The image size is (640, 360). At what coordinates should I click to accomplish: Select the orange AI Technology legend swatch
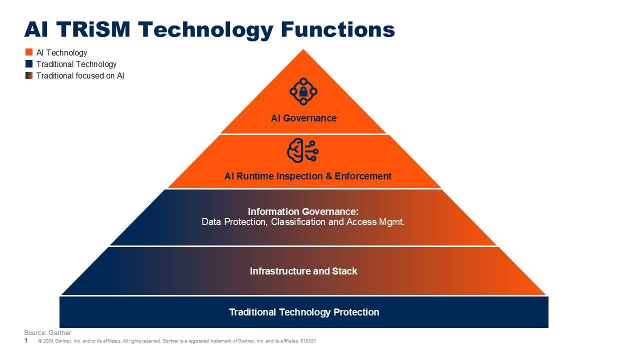click(x=29, y=52)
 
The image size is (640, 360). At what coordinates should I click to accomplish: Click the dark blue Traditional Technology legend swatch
click(x=29, y=64)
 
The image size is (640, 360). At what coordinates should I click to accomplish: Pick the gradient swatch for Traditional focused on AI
click(x=29, y=76)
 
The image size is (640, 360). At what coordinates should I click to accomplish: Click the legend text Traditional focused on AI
click(x=80, y=76)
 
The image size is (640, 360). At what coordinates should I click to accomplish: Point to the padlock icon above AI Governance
click(x=303, y=91)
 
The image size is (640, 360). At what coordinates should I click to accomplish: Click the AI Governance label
click(x=303, y=118)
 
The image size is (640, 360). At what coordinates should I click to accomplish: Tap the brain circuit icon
click(x=303, y=150)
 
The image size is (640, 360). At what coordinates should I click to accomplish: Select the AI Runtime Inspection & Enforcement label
click(x=308, y=176)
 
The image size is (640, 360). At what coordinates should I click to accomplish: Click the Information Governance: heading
click(x=303, y=212)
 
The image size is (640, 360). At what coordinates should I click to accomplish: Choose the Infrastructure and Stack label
click(x=303, y=271)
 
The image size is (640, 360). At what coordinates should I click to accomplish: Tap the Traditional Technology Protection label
click(x=304, y=312)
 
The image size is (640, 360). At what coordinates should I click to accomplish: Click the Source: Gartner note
click(x=47, y=332)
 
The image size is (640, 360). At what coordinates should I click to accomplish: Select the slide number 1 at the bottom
click(x=26, y=340)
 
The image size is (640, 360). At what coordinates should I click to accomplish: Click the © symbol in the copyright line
click(x=40, y=341)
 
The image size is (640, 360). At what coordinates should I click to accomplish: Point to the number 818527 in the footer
click(x=308, y=341)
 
